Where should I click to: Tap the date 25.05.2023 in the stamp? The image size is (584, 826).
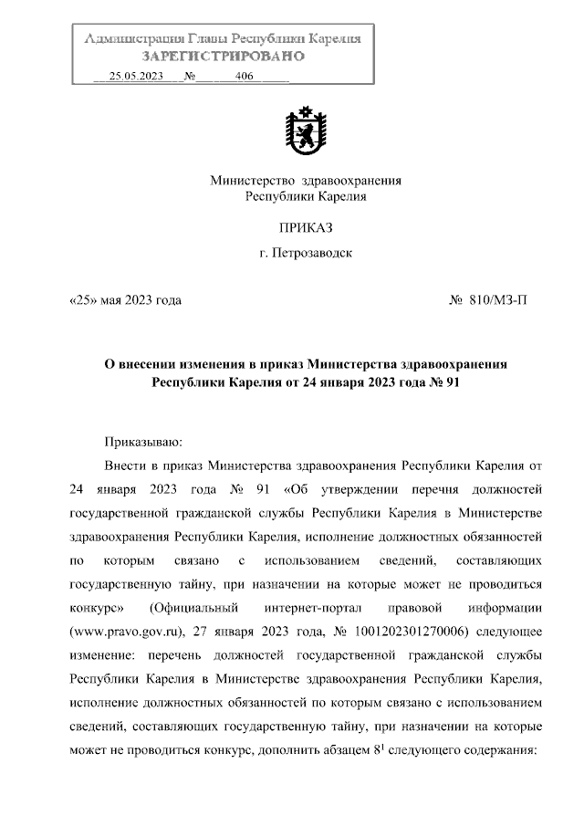(135, 78)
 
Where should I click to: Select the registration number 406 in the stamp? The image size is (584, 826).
(244, 78)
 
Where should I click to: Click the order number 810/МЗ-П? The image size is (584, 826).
(498, 299)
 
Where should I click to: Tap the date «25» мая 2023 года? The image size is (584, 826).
(125, 299)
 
